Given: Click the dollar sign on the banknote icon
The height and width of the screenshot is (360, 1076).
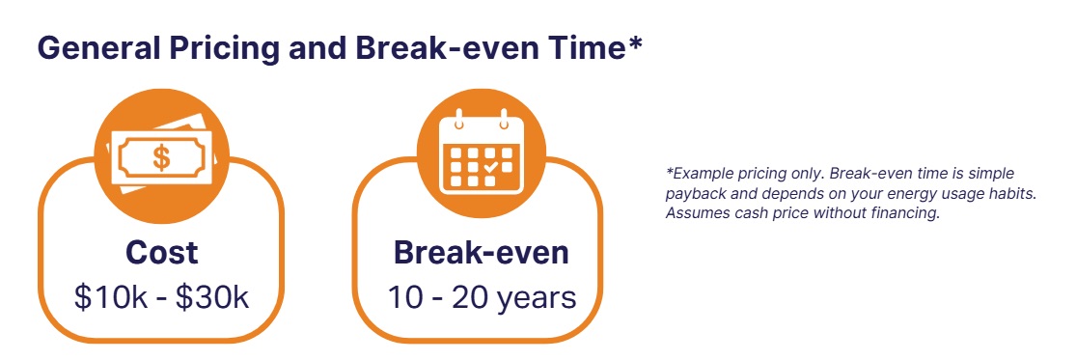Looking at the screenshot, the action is (161, 157).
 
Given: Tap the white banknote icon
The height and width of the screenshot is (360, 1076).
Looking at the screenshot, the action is (162, 155).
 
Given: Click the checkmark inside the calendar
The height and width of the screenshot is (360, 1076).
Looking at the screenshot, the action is (490, 167).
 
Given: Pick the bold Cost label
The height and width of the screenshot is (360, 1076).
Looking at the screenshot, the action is (161, 252).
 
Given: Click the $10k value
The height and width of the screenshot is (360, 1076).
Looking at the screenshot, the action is (110, 298).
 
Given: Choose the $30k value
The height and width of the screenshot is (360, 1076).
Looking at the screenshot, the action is (212, 298).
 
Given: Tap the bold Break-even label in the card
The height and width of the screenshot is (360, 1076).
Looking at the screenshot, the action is (481, 252).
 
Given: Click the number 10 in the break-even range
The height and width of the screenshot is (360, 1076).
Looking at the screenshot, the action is (404, 298).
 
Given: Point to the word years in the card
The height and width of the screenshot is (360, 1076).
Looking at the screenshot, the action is (536, 300).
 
